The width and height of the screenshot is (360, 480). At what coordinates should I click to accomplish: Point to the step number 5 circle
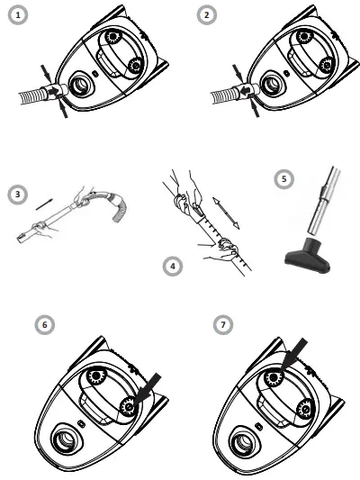[283, 179]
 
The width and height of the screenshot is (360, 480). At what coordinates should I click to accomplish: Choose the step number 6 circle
[39, 322]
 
